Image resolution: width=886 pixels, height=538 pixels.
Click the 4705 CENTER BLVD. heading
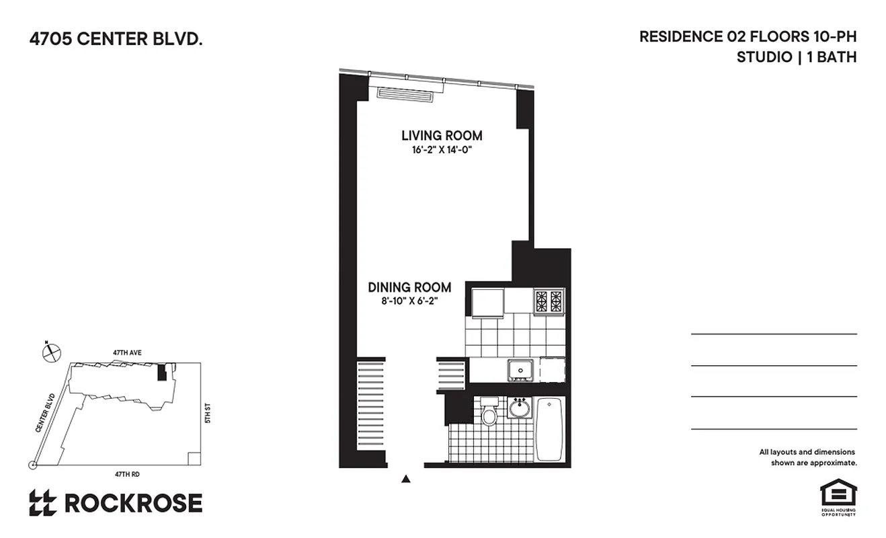tap(116, 40)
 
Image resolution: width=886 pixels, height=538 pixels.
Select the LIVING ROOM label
tap(442, 135)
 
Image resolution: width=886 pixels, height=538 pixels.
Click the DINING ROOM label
tap(409, 287)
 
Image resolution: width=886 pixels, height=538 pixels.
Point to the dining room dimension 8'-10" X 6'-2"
tap(409, 301)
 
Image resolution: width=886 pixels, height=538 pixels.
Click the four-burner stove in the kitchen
tap(549, 301)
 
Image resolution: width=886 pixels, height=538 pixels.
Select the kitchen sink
tap(520, 369)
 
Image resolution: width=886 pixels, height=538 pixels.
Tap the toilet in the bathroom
tap(489, 412)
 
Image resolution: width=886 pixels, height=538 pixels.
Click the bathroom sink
tap(519, 408)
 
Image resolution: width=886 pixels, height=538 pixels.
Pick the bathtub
tap(550, 428)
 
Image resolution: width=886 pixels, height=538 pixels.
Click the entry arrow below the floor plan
tap(405, 479)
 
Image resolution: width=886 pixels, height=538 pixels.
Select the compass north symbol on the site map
tap(51, 352)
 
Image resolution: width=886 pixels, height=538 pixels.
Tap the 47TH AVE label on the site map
tap(126, 352)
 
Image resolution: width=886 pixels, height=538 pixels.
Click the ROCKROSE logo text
tap(133, 503)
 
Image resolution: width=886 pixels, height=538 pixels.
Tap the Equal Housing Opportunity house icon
tap(837, 493)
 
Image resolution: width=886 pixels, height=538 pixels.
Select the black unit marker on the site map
tap(161, 373)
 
